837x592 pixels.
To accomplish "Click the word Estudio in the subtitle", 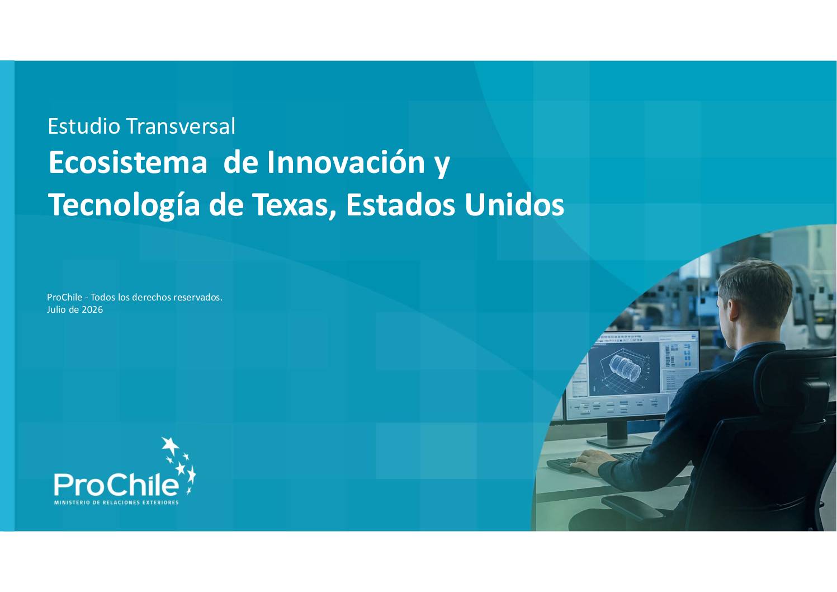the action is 84,126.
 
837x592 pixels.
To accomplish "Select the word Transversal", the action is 181,126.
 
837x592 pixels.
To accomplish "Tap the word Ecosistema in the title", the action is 128,162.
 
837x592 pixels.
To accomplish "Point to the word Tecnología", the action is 124,205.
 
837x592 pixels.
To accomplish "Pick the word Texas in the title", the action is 295,205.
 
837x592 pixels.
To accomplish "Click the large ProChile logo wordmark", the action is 116,485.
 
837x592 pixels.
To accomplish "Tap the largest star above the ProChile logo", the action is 171,445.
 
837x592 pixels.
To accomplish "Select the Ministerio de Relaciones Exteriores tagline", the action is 117,502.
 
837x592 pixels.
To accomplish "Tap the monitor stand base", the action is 618,443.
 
